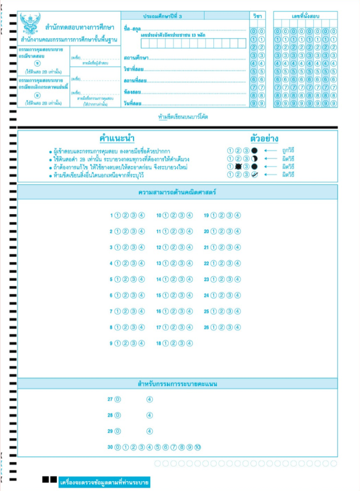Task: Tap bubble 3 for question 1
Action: click(x=134, y=216)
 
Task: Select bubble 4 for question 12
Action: click(x=189, y=248)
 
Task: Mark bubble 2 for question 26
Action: click(x=221, y=327)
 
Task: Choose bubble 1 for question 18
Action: click(x=165, y=343)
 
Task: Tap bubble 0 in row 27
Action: click(x=117, y=399)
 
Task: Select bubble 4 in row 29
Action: click(x=150, y=431)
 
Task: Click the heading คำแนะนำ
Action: click(x=117, y=138)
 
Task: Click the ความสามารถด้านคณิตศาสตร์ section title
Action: click(x=177, y=192)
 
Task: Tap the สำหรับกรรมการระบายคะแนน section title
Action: click(x=177, y=384)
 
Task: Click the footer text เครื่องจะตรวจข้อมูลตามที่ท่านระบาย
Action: click(x=104, y=483)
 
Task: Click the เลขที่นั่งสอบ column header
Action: click(x=306, y=16)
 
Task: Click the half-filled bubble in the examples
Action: click(x=255, y=158)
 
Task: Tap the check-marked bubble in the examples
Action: click(x=255, y=175)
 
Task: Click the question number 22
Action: click(x=207, y=263)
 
